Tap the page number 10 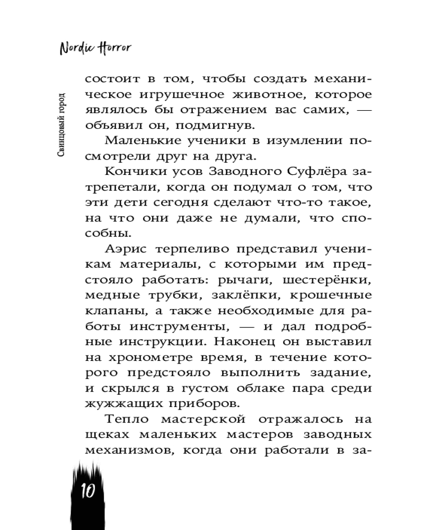87,490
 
